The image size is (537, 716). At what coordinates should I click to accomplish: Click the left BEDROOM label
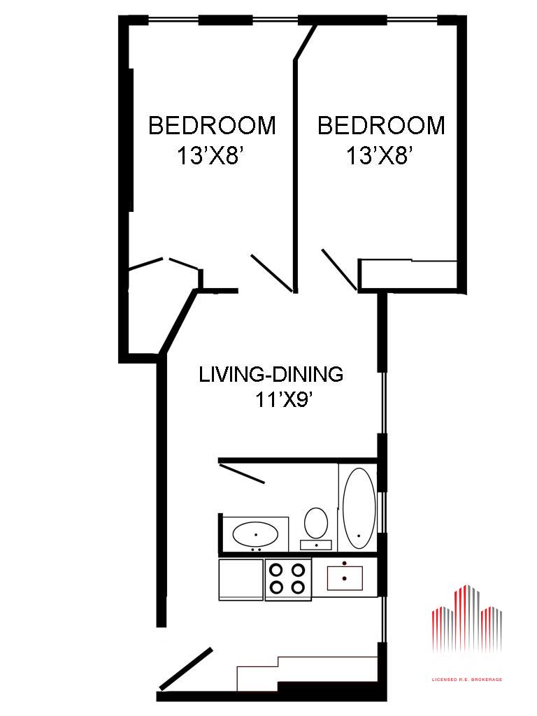pyautogui.click(x=213, y=126)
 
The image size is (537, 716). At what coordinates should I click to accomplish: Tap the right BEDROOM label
pyautogui.click(x=381, y=126)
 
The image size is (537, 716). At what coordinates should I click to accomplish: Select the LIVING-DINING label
pyautogui.click(x=271, y=375)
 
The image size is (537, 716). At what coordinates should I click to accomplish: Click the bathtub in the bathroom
pyautogui.click(x=359, y=508)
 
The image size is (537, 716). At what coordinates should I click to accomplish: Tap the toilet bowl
pyautogui.click(x=316, y=522)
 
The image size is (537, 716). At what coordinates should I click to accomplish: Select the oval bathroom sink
pyautogui.click(x=256, y=534)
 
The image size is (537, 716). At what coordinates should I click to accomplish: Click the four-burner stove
pyautogui.click(x=287, y=578)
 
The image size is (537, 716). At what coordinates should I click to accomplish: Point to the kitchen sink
pyautogui.click(x=345, y=578)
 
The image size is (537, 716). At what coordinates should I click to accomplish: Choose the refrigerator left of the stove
pyautogui.click(x=241, y=579)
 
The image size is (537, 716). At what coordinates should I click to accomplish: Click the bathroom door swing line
pyautogui.click(x=242, y=473)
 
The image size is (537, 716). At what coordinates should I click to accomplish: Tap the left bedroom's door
pyautogui.click(x=272, y=273)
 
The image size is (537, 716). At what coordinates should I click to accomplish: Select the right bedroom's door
pyautogui.click(x=339, y=269)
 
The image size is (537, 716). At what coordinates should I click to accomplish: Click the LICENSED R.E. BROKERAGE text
pyautogui.click(x=467, y=680)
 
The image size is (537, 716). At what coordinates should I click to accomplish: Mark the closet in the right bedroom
pyautogui.click(x=408, y=274)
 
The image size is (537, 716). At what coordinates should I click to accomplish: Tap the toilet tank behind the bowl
pyautogui.click(x=316, y=545)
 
